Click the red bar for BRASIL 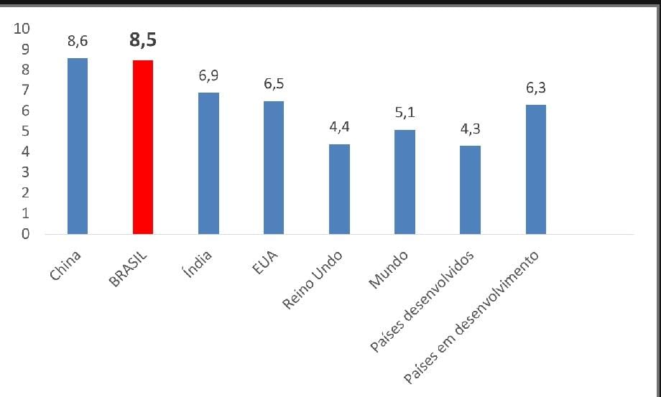point(143,146)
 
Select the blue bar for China point(78,146)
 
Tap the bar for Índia point(208,163)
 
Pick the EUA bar point(274,167)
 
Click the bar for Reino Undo point(339,189)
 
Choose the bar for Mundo point(405,182)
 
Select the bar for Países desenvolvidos point(470,190)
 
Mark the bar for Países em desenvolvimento point(536,169)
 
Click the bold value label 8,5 point(143,40)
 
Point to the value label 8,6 point(78,42)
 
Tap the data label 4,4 point(339,128)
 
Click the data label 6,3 point(536,88)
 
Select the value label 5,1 point(405,113)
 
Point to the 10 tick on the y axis point(22,29)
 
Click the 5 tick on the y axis point(25,131)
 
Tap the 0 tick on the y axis point(25,234)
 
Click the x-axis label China point(67,265)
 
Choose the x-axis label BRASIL point(128,269)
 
